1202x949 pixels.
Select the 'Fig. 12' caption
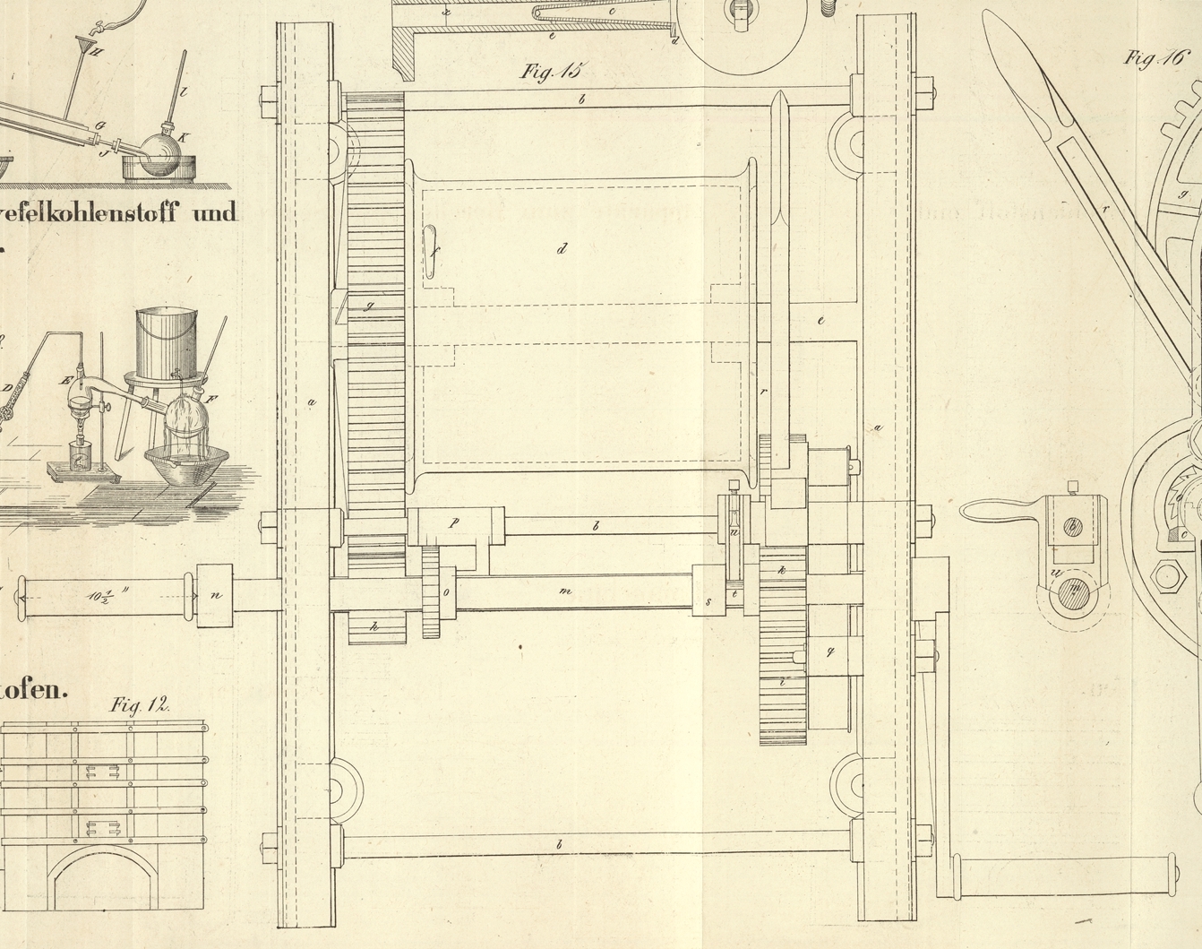pos(140,705)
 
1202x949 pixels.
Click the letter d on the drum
pos(562,248)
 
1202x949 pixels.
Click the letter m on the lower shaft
pos(564,591)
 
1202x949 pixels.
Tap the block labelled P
pos(455,523)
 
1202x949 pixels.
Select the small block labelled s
pos(708,601)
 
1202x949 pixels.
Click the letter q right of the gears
pos(829,651)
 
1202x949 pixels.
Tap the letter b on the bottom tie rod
pos(560,844)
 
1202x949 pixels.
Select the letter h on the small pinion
pos(375,627)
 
